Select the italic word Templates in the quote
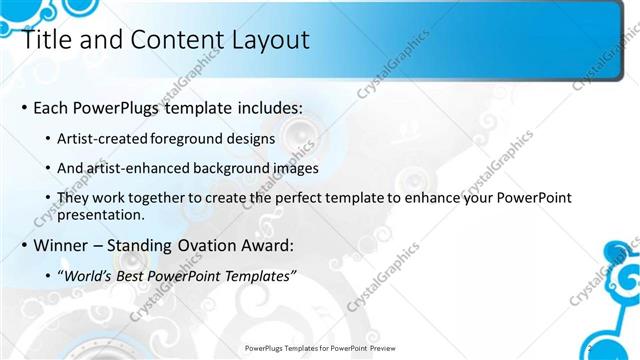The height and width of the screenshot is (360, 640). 259,275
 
